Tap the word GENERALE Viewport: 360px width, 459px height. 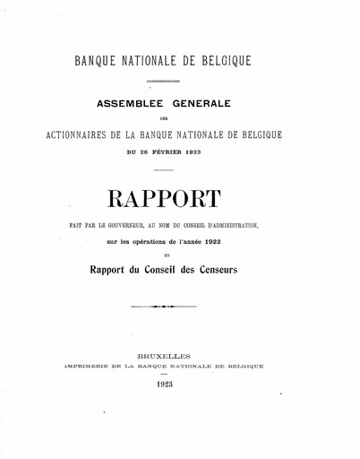208,103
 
